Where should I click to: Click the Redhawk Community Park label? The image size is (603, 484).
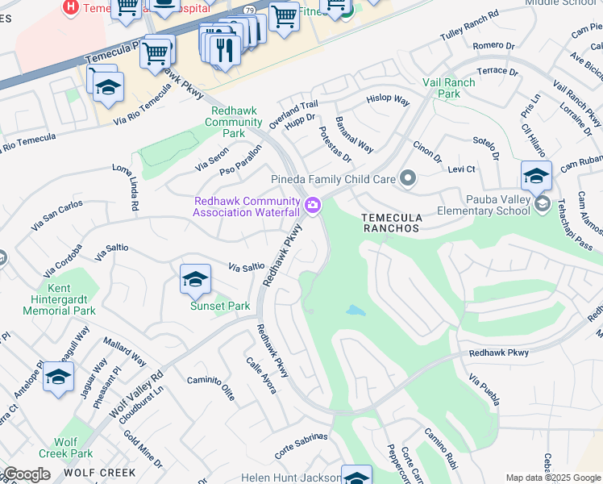coord(233,122)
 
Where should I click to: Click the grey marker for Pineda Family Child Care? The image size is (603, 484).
coord(408,177)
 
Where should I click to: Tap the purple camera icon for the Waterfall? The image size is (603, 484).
coord(314,207)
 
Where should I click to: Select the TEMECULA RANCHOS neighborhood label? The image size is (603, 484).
coord(391,223)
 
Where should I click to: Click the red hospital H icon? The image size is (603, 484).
coord(71,6)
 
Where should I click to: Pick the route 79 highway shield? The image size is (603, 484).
coord(249,10)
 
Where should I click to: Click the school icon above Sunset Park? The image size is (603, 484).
coord(195,279)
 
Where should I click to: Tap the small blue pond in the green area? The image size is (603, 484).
coord(355,311)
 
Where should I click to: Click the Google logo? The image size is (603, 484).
coord(27,474)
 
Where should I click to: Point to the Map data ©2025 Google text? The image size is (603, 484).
coord(554,478)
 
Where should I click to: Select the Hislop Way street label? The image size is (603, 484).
coord(388,101)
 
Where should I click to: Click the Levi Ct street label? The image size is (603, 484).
coord(461,169)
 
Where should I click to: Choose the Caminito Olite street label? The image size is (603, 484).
coord(210,388)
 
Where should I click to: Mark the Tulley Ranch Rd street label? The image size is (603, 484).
coord(470,27)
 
